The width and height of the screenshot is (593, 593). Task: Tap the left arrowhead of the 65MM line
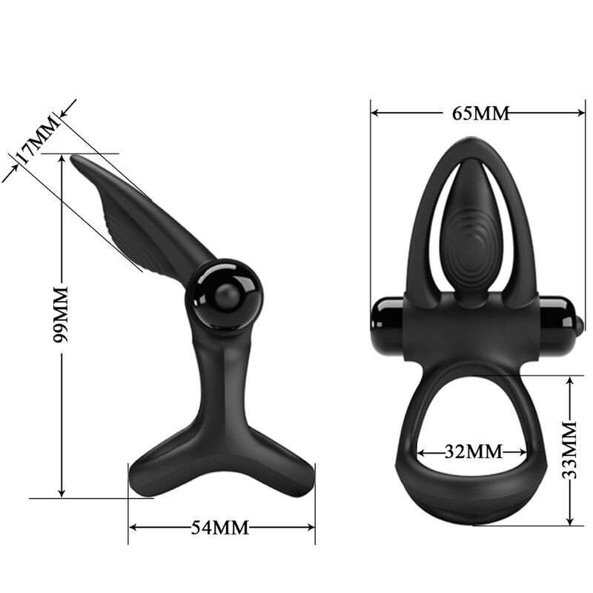click(x=375, y=113)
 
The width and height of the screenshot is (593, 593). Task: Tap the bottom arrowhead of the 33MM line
click(x=569, y=520)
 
